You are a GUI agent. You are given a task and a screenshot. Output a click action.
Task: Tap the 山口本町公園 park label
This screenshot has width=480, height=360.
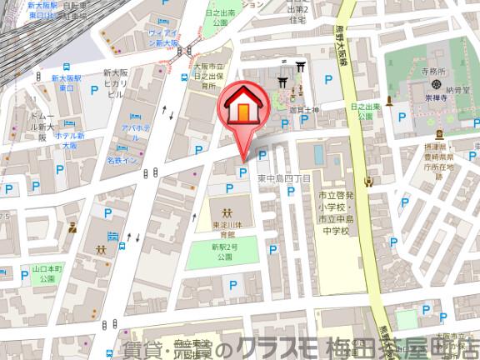[x=47, y=274]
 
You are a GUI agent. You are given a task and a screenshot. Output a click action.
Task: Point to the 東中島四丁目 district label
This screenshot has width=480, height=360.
[x=282, y=178]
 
